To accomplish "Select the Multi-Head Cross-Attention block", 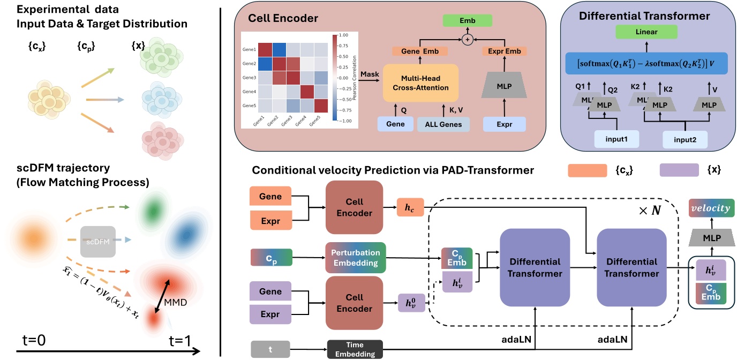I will [421, 82].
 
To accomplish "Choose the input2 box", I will [685, 140].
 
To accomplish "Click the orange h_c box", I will [409, 207].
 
